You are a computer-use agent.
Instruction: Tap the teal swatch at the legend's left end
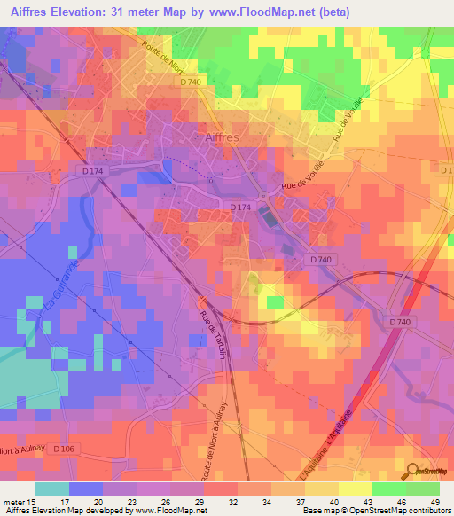coord(51,489)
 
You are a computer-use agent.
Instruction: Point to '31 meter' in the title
coord(139,12)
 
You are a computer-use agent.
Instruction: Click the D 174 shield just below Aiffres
coord(239,207)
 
